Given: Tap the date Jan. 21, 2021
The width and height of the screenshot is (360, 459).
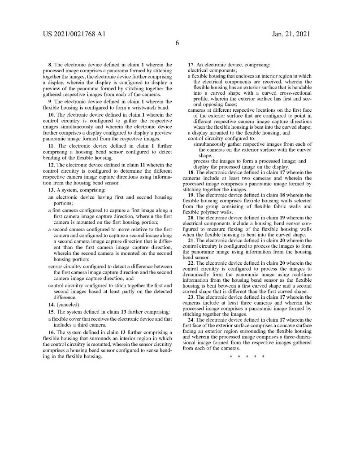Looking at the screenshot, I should point(291,34).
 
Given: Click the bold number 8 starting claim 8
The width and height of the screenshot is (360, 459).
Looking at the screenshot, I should point(50,65).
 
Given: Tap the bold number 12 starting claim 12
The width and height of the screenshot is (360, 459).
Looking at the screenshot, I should point(52,165).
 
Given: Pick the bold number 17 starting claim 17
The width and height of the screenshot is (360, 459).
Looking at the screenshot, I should point(191,65).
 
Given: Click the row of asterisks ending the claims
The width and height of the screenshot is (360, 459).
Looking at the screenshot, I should point(247,356).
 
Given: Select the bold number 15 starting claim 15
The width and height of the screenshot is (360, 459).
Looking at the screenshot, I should point(51,312).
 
